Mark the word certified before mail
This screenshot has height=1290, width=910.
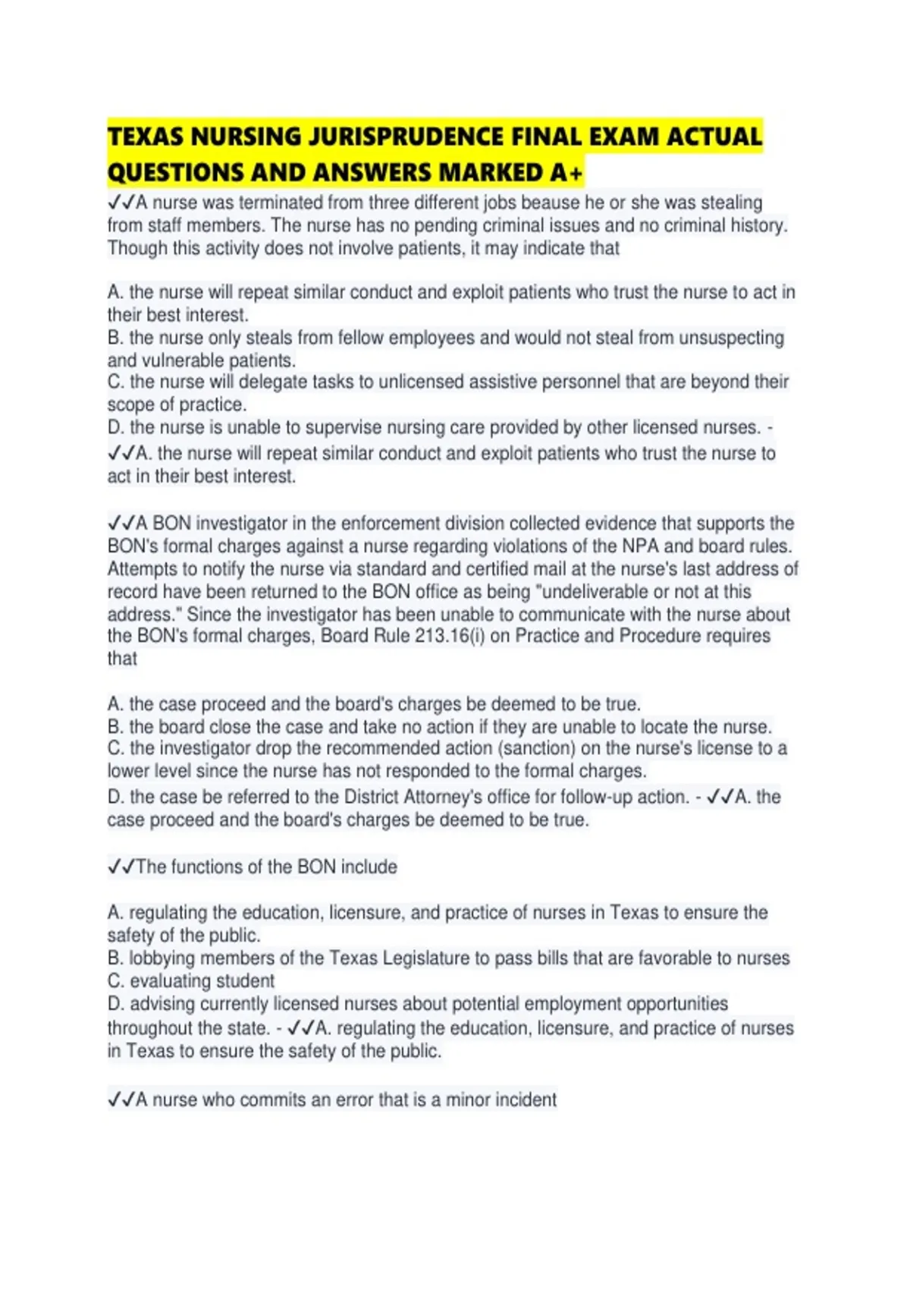click(467, 569)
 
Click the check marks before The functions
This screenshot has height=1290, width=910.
click(121, 867)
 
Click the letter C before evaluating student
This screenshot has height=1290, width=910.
click(115, 981)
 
